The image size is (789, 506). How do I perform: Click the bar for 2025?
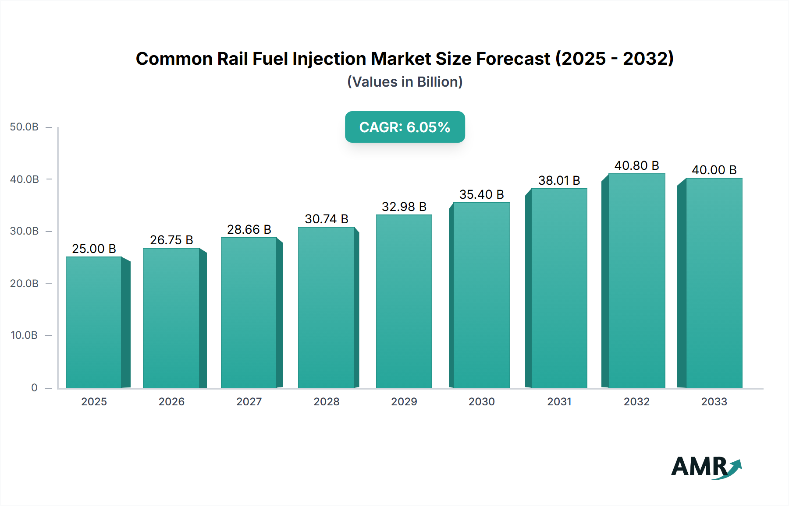tap(94, 322)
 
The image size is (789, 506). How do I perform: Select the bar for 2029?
tap(404, 301)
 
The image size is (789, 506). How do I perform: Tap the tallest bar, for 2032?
tap(636, 281)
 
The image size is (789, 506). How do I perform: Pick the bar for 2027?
tap(249, 313)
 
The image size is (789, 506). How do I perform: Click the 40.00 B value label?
tap(714, 170)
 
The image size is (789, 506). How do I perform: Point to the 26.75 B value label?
tap(171, 240)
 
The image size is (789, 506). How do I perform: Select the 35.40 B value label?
tap(481, 194)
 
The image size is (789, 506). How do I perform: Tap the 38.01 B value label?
tap(559, 180)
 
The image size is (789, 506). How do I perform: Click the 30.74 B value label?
tap(327, 219)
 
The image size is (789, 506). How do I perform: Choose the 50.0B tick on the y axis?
tap(25, 127)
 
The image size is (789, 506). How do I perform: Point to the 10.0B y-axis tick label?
tap(25, 335)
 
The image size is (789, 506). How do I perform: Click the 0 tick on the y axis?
tap(34, 387)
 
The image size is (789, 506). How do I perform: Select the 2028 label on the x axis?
tap(327, 401)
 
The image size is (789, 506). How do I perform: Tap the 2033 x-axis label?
tap(714, 401)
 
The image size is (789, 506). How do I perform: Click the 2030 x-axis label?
tap(481, 401)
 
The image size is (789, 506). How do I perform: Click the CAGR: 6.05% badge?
tap(405, 127)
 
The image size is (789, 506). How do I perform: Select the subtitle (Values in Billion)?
tap(405, 82)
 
